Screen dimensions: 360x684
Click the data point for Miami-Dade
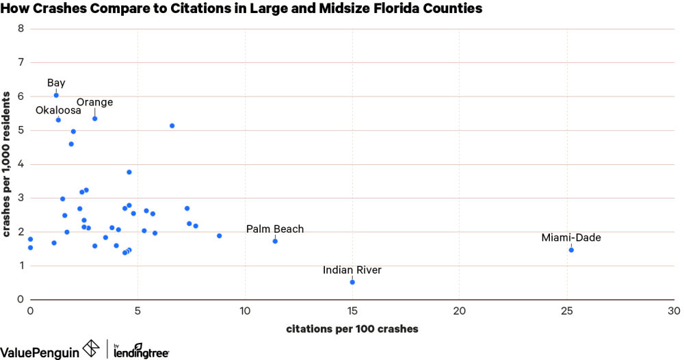571,250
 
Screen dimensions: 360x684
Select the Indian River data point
352,282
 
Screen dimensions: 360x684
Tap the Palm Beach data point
275,241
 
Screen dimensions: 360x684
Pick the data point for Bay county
56,95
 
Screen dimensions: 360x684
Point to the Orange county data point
95,118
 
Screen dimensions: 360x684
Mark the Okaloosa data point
58,120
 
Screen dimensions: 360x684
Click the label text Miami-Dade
571,237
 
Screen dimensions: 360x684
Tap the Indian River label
352,270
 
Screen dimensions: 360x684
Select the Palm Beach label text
275,229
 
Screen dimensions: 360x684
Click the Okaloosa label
58,110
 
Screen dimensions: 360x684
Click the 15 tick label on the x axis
352,311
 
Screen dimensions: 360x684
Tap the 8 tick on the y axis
21,29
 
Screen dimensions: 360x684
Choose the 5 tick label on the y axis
21,130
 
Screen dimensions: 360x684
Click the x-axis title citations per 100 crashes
352,329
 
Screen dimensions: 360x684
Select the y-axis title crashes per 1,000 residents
6,164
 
